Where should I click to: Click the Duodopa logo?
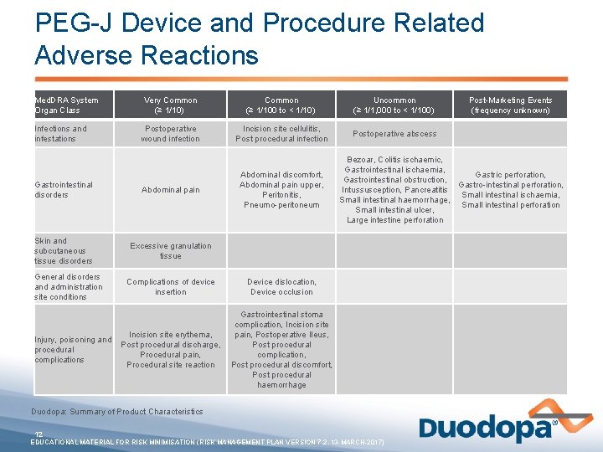[x=487, y=428]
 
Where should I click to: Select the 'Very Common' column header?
[x=171, y=105]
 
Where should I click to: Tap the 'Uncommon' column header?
[x=395, y=105]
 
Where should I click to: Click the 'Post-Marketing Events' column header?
[x=510, y=105]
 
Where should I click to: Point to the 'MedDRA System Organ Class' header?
[x=66, y=105]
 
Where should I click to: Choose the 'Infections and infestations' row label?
[x=60, y=134]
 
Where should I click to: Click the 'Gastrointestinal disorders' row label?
[x=64, y=190]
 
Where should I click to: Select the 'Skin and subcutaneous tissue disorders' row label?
[x=64, y=250]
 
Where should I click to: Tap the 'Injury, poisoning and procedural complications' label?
[x=72, y=350]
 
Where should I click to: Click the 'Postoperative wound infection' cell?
[x=171, y=134]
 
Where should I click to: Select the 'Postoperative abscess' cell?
[x=394, y=134]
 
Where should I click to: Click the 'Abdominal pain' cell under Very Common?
[x=171, y=190]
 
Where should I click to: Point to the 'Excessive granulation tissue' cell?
[x=171, y=250]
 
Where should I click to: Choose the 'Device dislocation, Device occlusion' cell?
[x=281, y=287]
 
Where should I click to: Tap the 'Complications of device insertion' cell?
[x=171, y=287]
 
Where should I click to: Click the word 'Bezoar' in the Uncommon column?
[x=359, y=160]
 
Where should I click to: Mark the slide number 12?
[x=39, y=434]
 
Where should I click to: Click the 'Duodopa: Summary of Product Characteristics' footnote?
[x=117, y=412]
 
